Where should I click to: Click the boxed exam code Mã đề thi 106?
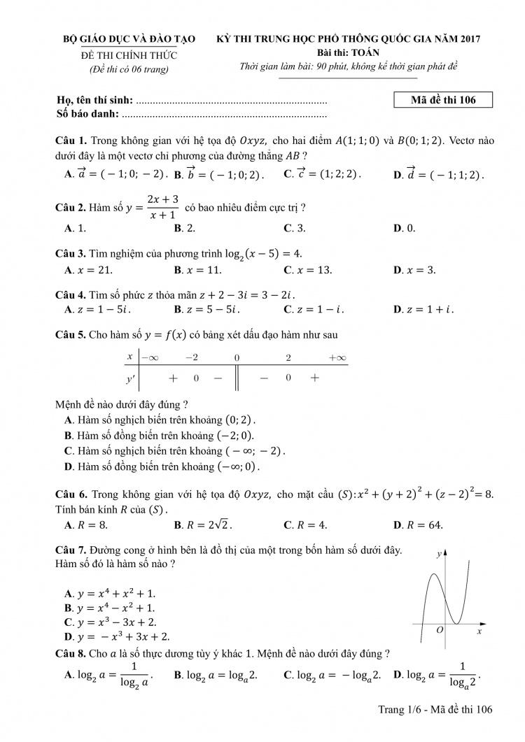coord(444,100)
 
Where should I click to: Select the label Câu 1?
coord(71,141)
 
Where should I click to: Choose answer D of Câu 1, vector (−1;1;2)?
coord(439,174)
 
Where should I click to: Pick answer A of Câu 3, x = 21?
coord(88,270)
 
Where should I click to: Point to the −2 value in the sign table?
coord(191,357)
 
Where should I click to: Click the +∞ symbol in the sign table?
coord(337,357)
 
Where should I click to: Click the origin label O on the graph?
coord(440,630)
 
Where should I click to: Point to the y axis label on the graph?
coord(439,554)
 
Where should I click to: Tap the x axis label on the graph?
coord(479,631)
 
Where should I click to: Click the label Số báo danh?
coord(86,113)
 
